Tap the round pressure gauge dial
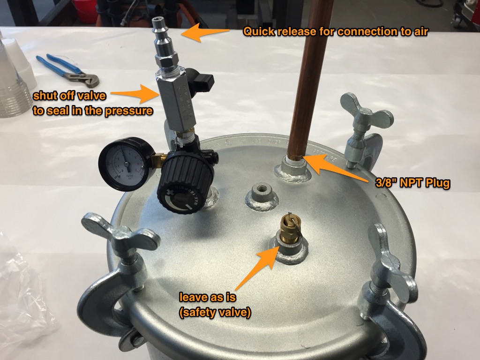[x=123, y=164]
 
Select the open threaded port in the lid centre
[x=259, y=192]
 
